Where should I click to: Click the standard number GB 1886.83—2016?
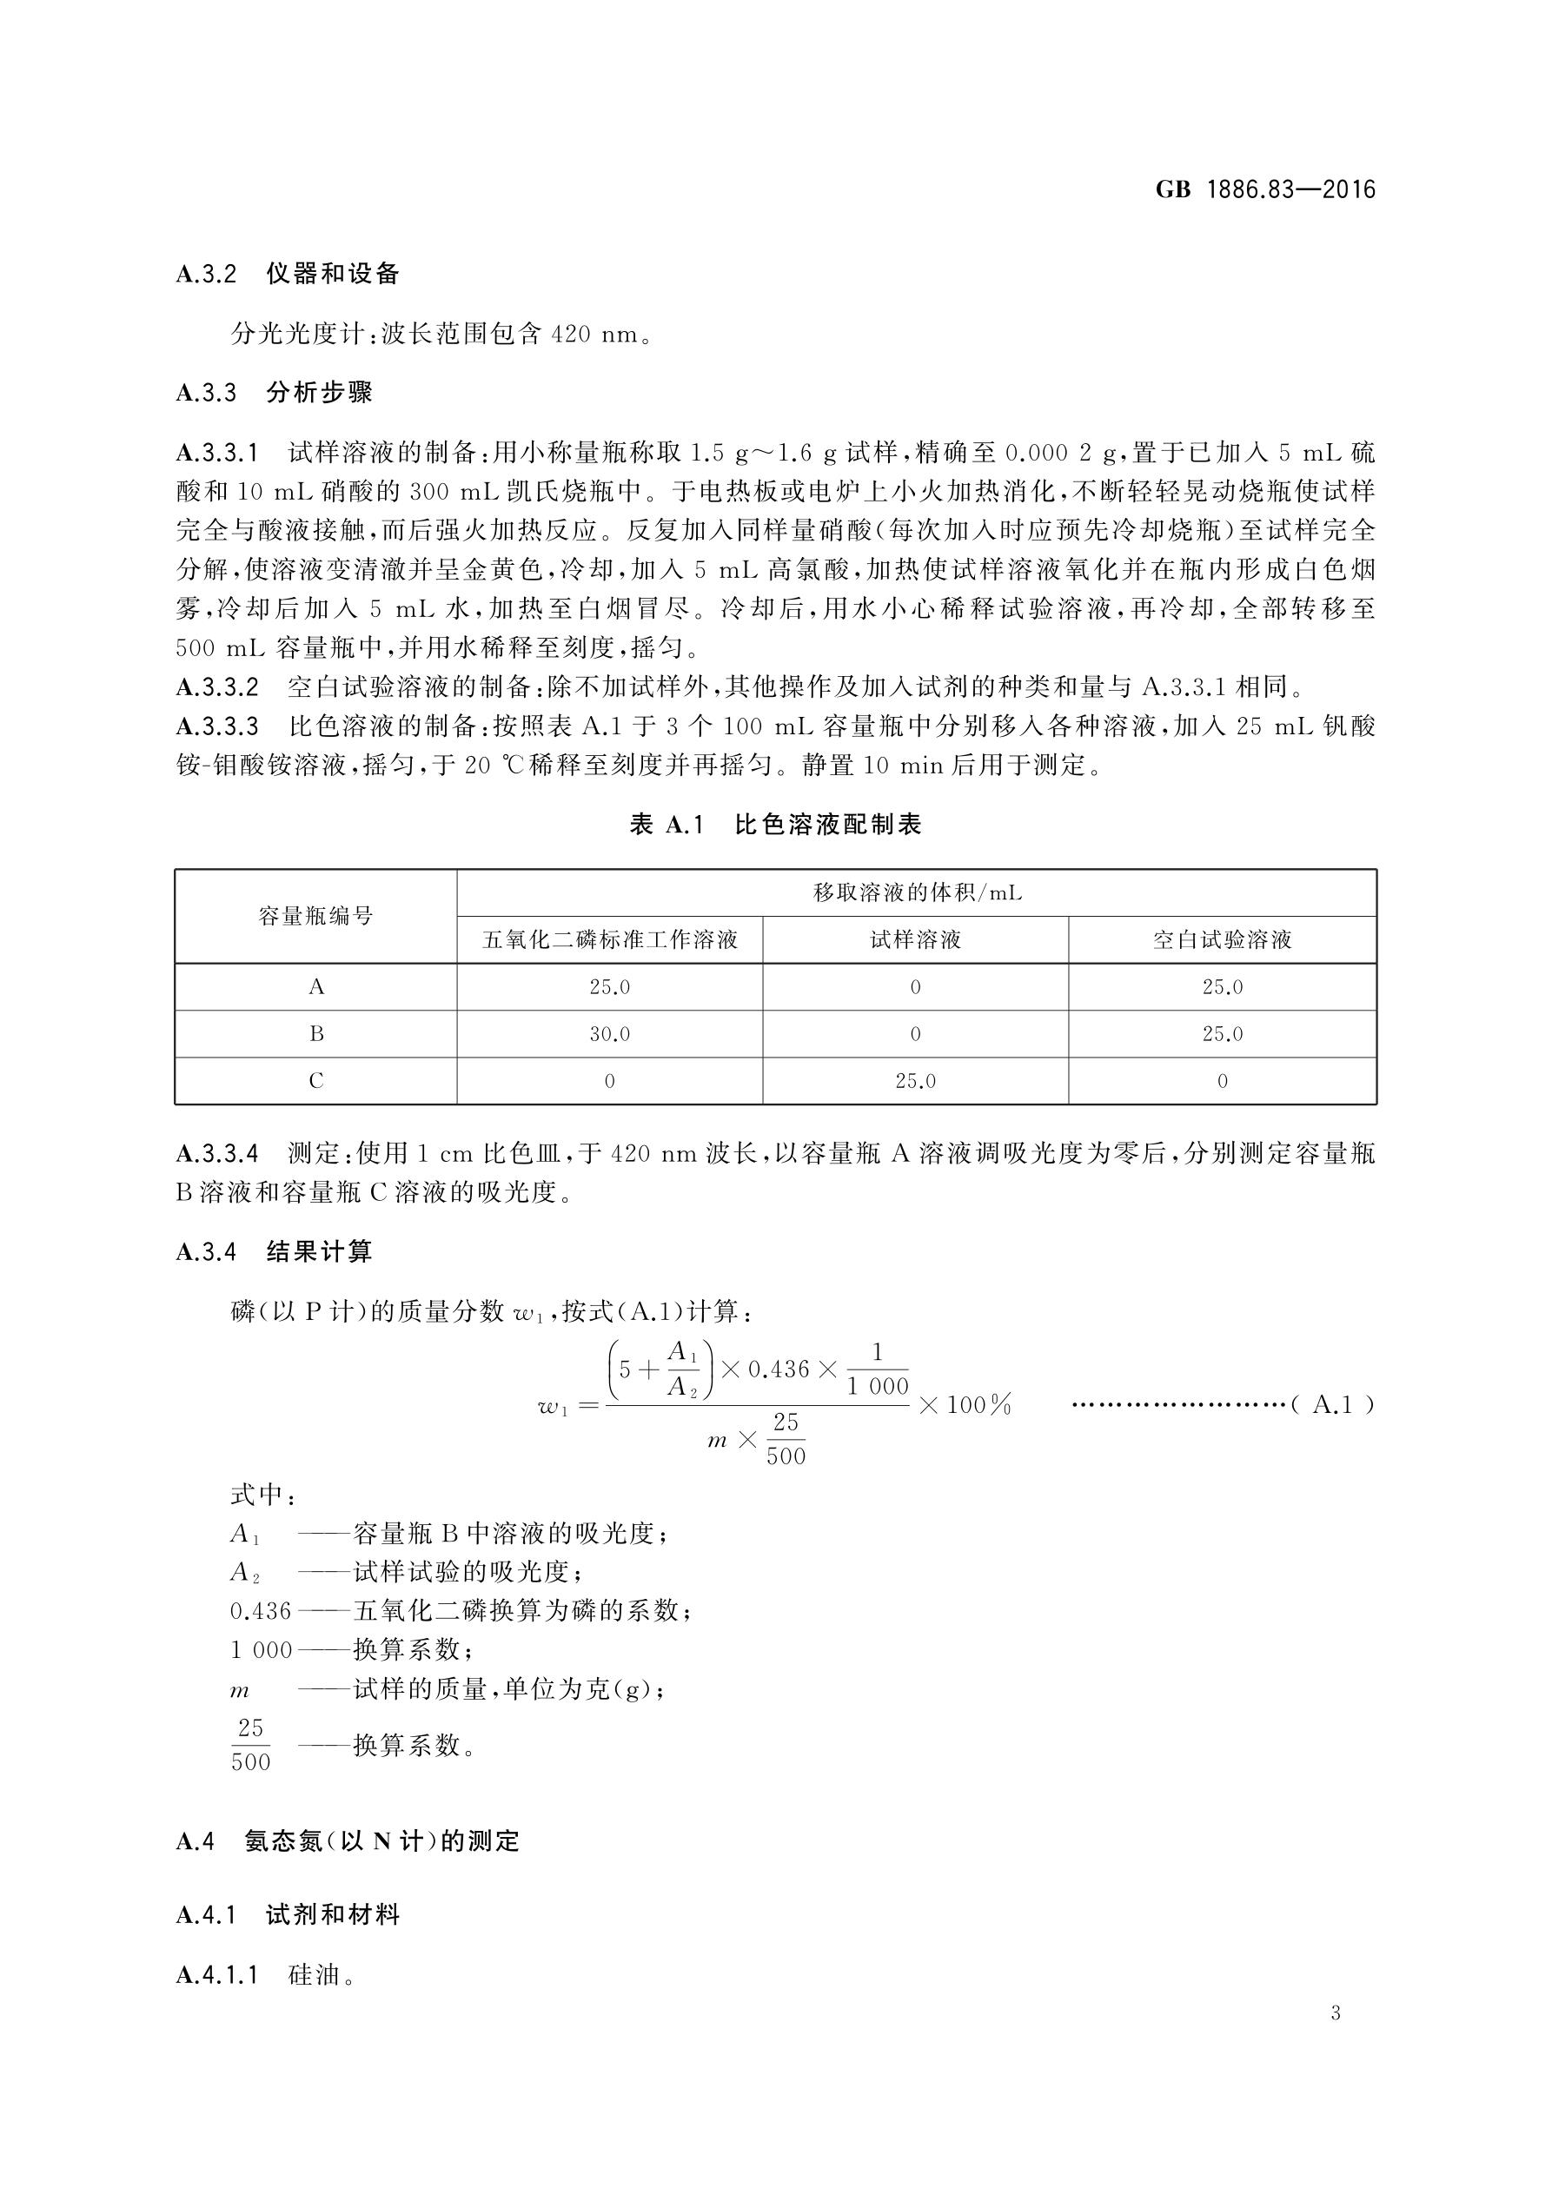point(1264,189)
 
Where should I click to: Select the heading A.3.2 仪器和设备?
point(288,275)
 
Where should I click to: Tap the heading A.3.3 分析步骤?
point(275,392)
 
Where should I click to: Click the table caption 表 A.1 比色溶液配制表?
point(774,824)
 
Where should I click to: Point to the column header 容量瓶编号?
point(315,916)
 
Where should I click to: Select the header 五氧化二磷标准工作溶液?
point(610,939)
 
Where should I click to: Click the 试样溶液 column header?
point(915,939)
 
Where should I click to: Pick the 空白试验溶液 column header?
point(1222,939)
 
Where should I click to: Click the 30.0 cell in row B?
point(610,1034)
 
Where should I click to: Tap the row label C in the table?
point(315,1081)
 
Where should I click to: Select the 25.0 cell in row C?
point(915,1081)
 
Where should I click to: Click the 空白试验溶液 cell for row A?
point(1222,986)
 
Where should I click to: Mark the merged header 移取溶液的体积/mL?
point(916,893)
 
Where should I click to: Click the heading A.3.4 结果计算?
point(275,1251)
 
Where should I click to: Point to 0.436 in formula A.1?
point(779,1369)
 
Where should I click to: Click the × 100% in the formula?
point(965,1404)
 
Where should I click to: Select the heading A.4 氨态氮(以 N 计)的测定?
point(348,1840)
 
